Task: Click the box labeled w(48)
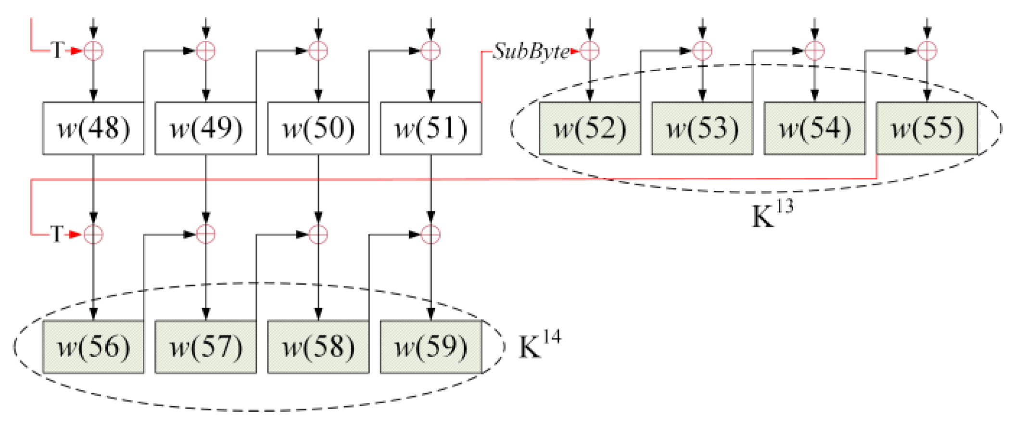coord(93,128)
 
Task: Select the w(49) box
coord(206,128)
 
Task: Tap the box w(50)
coord(318,128)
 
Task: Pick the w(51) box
coord(431,128)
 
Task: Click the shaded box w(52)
coord(590,128)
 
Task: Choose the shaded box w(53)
coord(702,128)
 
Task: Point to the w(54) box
coord(815,128)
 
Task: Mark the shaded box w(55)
coord(927,128)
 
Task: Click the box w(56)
coord(93,347)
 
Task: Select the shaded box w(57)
coord(206,347)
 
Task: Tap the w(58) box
coord(318,347)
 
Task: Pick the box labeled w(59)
coord(431,347)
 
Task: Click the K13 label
coord(772,214)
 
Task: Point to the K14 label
coord(539,345)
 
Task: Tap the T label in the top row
coord(57,50)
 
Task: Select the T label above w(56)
coord(57,234)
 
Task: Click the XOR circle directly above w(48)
coord(93,50)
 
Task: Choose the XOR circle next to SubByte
coord(590,50)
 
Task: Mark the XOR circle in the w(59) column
coord(431,235)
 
